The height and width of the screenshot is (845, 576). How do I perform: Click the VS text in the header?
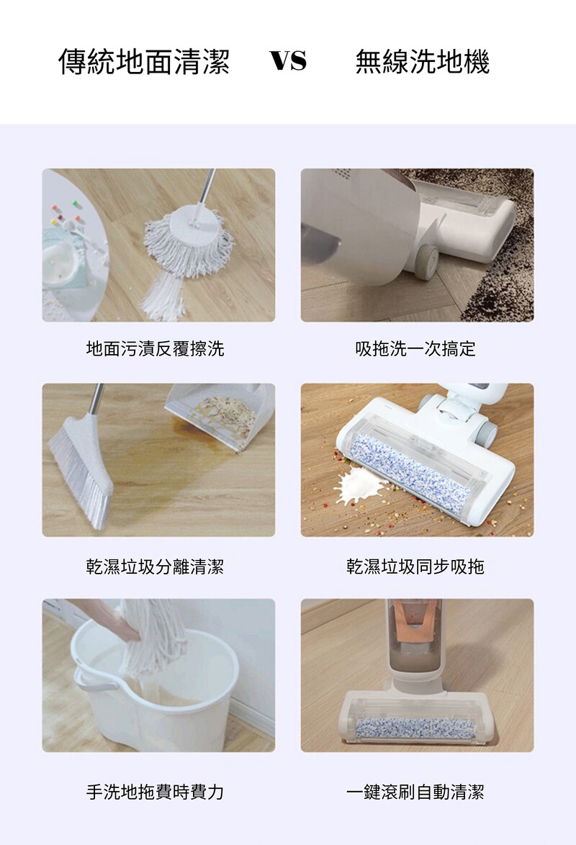pos(289,60)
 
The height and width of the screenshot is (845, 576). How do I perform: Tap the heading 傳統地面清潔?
pos(144,61)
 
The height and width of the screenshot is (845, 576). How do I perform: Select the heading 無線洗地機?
pos(423,61)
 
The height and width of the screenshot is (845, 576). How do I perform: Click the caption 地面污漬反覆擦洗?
pos(155,348)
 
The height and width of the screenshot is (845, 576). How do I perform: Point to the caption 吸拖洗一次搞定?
pos(415,348)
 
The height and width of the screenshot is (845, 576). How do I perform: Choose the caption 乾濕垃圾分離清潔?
pos(155,566)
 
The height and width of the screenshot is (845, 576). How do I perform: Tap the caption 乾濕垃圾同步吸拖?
pos(415,566)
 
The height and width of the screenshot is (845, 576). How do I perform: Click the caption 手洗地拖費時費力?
pos(155,792)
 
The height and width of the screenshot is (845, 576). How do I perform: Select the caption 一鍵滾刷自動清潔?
pos(415,792)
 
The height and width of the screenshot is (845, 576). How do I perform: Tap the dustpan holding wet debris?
pos(221,415)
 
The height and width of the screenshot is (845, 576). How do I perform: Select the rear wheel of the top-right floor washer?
pos(426,263)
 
